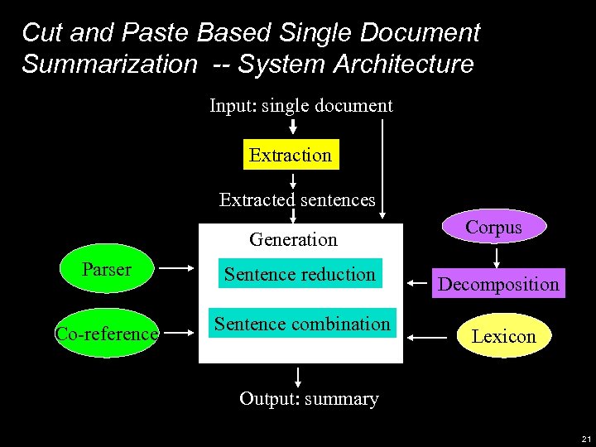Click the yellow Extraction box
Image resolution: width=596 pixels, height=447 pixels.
tap(291, 155)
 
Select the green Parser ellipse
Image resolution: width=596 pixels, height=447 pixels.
tap(107, 270)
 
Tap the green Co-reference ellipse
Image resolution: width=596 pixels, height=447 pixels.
tap(106, 334)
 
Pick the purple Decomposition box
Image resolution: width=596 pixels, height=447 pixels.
tap(498, 284)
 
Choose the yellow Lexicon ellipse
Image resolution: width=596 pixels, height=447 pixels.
tap(503, 336)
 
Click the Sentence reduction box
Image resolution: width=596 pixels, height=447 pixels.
tap(300, 274)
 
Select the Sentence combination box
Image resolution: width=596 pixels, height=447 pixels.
tap(302, 324)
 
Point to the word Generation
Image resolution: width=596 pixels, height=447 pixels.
tap(293, 240)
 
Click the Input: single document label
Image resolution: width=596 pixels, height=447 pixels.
tap(300, 106)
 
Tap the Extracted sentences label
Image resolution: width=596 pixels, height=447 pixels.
tap(296, 199)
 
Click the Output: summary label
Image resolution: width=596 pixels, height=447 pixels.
tap(309, 399)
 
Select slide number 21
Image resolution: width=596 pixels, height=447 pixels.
tap(586, 439)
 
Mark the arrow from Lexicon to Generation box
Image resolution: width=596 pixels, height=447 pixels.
tap(430, 337)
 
